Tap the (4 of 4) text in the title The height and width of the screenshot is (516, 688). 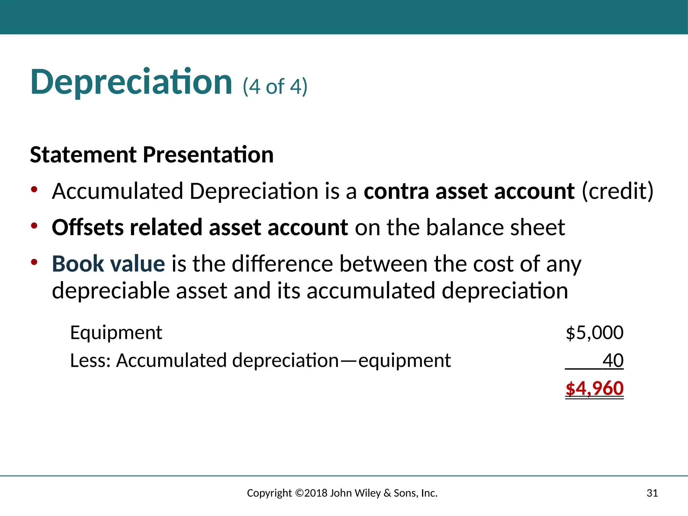(275, 86)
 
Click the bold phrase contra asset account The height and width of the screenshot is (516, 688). (469, 191)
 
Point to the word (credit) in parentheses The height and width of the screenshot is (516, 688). (617, 191)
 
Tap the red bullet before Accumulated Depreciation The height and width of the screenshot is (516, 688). (34, 189)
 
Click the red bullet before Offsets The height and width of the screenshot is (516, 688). (34, 226)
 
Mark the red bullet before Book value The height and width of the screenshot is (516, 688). (34, 262)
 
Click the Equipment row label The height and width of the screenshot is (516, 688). (116, 333)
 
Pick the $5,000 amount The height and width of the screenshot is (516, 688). (594, 333)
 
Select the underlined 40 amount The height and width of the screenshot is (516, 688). (613, 360)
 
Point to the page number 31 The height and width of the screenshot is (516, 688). (652, 493)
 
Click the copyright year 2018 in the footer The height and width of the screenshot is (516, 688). (316, 493)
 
